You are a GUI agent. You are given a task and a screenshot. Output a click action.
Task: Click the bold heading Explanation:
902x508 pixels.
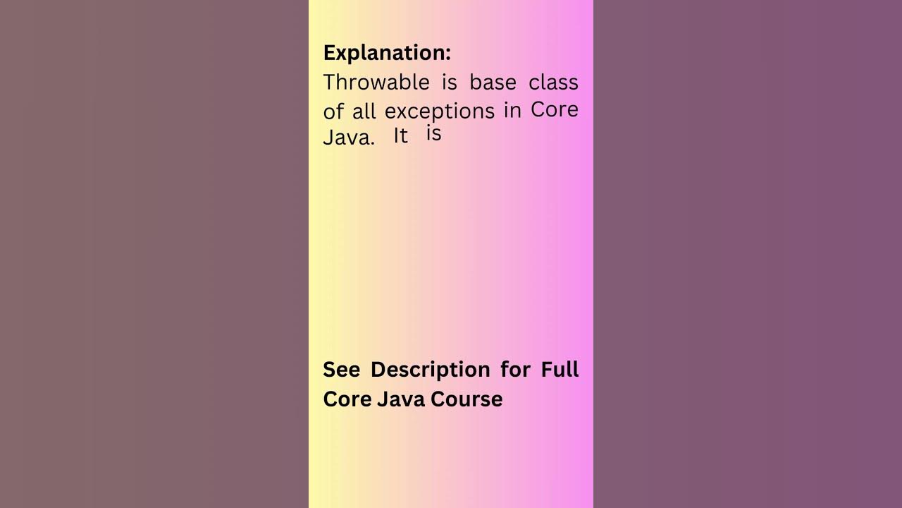[x=387, y=53]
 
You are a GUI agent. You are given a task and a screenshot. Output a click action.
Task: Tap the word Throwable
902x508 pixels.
[x=376, y=83]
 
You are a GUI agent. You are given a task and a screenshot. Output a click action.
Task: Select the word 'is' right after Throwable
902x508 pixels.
[x=450, y=83]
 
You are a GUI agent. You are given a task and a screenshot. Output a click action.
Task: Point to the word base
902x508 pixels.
[x=493, y=83]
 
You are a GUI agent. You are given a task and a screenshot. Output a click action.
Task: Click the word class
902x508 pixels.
[x=553, y=83]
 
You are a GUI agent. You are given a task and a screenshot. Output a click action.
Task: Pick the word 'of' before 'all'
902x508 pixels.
[x=335, y=112]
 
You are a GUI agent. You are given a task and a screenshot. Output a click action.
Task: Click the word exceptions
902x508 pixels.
[x=440, y=111]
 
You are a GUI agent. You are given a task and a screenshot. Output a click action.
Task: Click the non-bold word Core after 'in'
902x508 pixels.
[x=555, y=109]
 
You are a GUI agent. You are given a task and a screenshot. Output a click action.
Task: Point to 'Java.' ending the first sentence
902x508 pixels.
[x=349, y=138]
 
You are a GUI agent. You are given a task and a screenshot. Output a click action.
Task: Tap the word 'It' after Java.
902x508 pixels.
[x=401, y=135]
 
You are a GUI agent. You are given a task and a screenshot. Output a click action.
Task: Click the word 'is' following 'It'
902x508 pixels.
[x=433, y=133]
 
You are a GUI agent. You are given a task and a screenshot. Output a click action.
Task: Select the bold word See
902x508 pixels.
[x=342, y=370]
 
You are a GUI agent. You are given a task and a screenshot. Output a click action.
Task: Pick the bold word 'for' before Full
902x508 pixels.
[x=515, y=370]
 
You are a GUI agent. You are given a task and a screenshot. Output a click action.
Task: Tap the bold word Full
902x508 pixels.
[x=560, y=370]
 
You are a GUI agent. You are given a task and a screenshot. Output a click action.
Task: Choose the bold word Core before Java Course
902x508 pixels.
[x=347, y=399]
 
